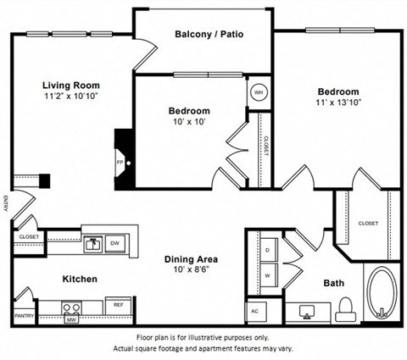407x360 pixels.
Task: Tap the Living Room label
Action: pos(72,86)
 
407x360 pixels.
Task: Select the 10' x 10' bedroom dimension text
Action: pos(188,122)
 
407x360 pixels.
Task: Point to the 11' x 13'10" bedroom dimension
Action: pos(338,103)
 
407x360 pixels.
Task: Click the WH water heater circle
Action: pos(258,92)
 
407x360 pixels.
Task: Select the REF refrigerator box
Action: pos(118,304)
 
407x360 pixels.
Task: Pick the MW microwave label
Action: pos(72,320)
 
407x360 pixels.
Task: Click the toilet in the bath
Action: pos(344,310)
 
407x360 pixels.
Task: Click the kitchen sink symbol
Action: pos(92,244)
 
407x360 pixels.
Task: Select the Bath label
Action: pos(334,283)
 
